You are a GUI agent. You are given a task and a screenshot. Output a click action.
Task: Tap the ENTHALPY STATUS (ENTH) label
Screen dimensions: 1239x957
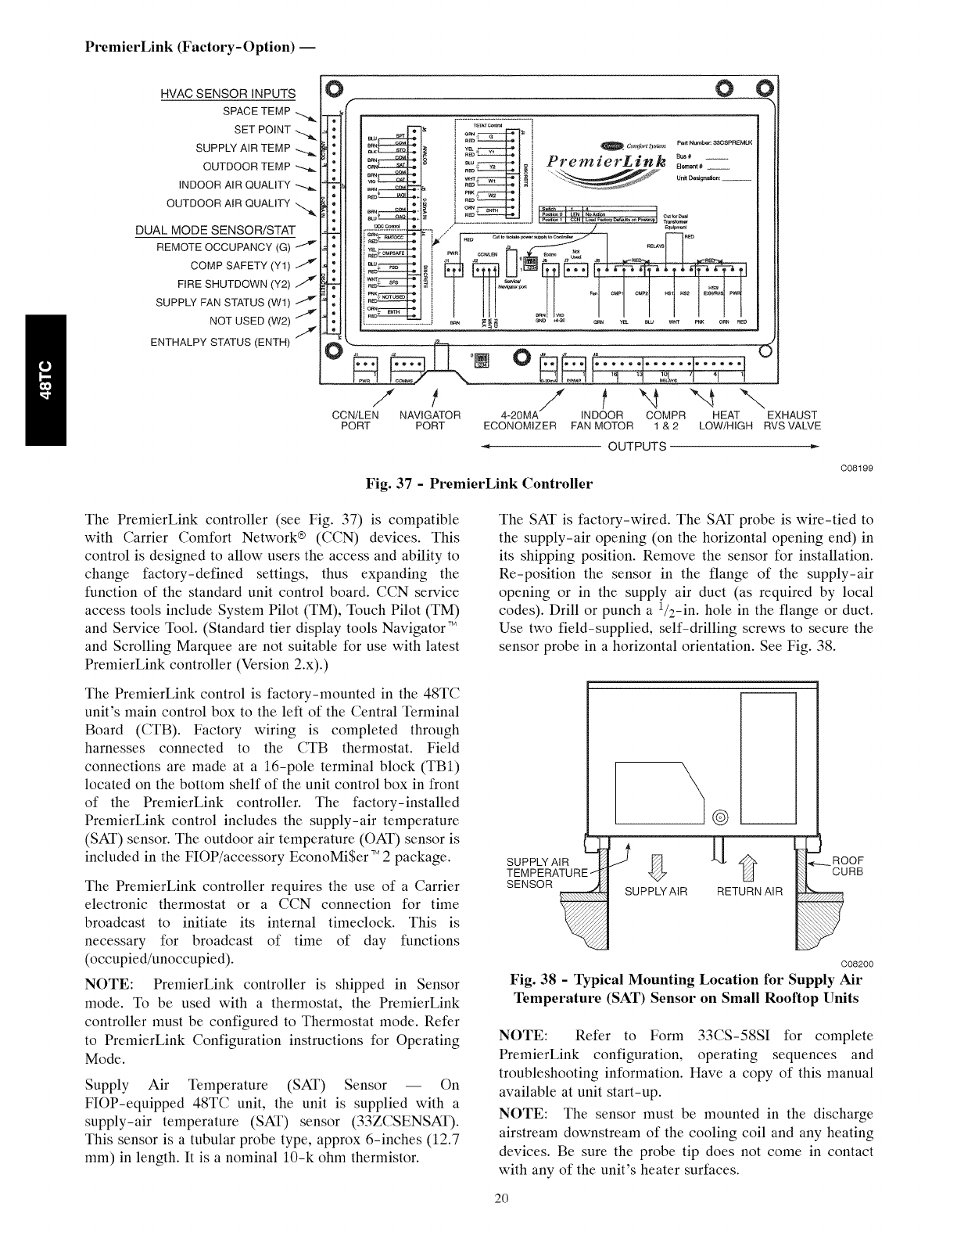(220, 342)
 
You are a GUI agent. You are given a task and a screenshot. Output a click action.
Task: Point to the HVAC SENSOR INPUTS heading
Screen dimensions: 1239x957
(228, 94)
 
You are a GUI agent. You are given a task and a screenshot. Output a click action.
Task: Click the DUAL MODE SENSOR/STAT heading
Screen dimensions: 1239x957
(216, 230)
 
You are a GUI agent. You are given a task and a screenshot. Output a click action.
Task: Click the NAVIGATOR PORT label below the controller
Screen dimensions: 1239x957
(429, 420)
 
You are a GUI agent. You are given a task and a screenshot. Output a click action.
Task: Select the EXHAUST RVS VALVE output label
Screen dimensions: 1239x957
(792, 420)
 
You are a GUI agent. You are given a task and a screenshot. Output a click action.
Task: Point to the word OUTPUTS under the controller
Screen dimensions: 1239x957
(638, 446)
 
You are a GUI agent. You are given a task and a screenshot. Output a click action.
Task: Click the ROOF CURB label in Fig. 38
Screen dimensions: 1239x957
(847, 866)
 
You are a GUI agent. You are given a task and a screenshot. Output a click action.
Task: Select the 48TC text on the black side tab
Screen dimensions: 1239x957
(47, 380)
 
